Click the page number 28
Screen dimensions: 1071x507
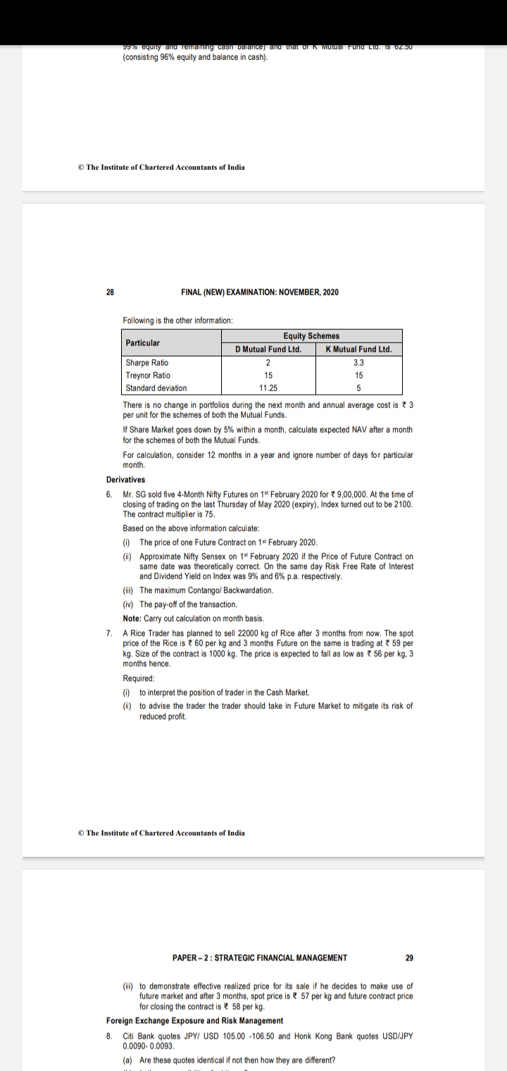pyautogui.click(x=110, y=292)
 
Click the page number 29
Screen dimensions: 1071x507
pyautogui.click(x=410, y=958)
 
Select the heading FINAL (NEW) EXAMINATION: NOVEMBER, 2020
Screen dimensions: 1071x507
pyautogui.click(x=259, y=292)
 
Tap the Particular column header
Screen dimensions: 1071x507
pyautogui.click(x=143, y=342)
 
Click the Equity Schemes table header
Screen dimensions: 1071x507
pyautogui.click(x=311, y=336)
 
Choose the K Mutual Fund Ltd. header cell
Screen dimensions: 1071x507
pyautogui.click(x=359, y=349)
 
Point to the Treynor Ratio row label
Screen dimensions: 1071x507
pyautogui.click(x=147, y=376)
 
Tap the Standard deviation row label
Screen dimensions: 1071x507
pyautogui.click(x=156, y=388)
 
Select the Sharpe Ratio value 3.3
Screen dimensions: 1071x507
pyautogui.click(x=359, y=363)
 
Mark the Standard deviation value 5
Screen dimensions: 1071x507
pyautogui.click(x=359, y=388)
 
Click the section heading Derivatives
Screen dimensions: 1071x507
pyautogui.click(x=125, y=480)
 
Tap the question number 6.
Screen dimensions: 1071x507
pyautogui.click(x=109, y=494)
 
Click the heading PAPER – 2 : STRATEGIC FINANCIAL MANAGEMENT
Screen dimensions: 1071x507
pyautogui.click(x=259, y=958)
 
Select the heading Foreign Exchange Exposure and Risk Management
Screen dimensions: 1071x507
pyautogui.click(x=194, y=1020)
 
